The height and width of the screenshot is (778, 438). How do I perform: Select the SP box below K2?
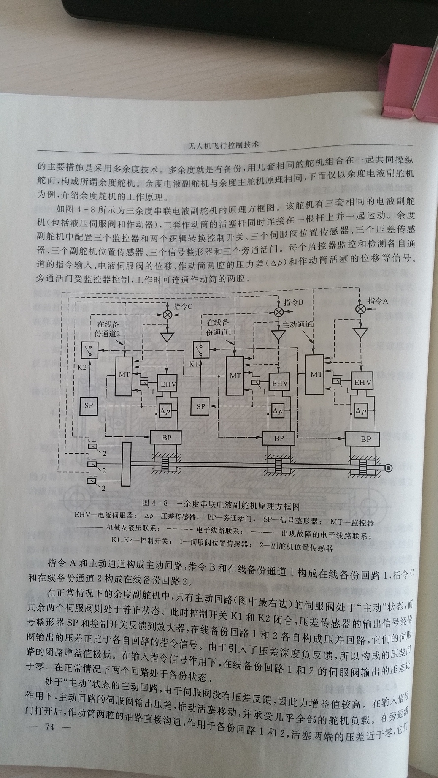click(89, 406)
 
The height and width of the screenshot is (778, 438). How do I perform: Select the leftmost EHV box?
click(167, 384)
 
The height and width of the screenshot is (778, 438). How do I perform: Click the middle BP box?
click(279, 438)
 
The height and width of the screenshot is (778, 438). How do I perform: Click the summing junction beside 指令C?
click(167, 314)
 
